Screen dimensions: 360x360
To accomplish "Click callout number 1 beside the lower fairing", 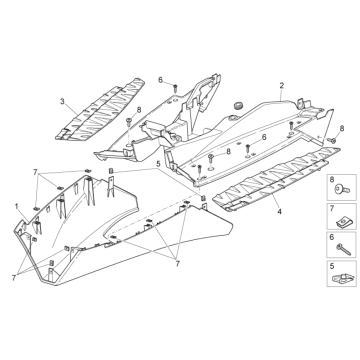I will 17,204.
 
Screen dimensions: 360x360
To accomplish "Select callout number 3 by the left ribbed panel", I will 63,102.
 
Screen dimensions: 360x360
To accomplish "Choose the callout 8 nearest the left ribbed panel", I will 139,109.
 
